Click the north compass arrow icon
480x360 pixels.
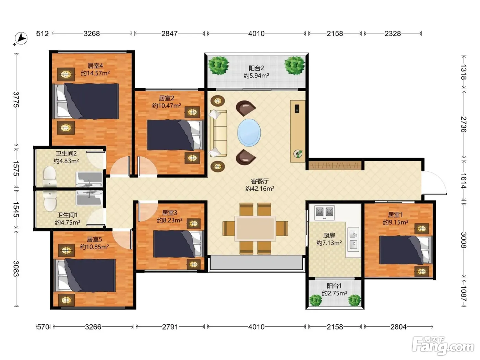click(21, 39)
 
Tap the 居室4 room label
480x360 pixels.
click(95, 65)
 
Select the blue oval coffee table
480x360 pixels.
click(249, 133)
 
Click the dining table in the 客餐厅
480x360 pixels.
click(255, 228)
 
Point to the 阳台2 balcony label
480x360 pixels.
click(256, 68)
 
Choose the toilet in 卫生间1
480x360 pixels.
click(50, 201)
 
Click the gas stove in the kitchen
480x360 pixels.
click(325, 213)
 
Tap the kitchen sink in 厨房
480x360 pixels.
click(353, 240)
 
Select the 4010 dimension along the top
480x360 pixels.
click(256, 34)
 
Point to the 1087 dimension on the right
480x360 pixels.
click(464, 293)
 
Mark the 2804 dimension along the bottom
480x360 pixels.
click(398, 327)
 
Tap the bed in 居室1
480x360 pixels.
click(406, 250)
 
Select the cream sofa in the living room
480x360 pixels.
click(218, 133)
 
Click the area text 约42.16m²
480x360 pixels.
click(260, 189)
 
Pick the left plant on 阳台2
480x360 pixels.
click(218, 65)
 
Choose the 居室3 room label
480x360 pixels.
click(169, 213)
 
